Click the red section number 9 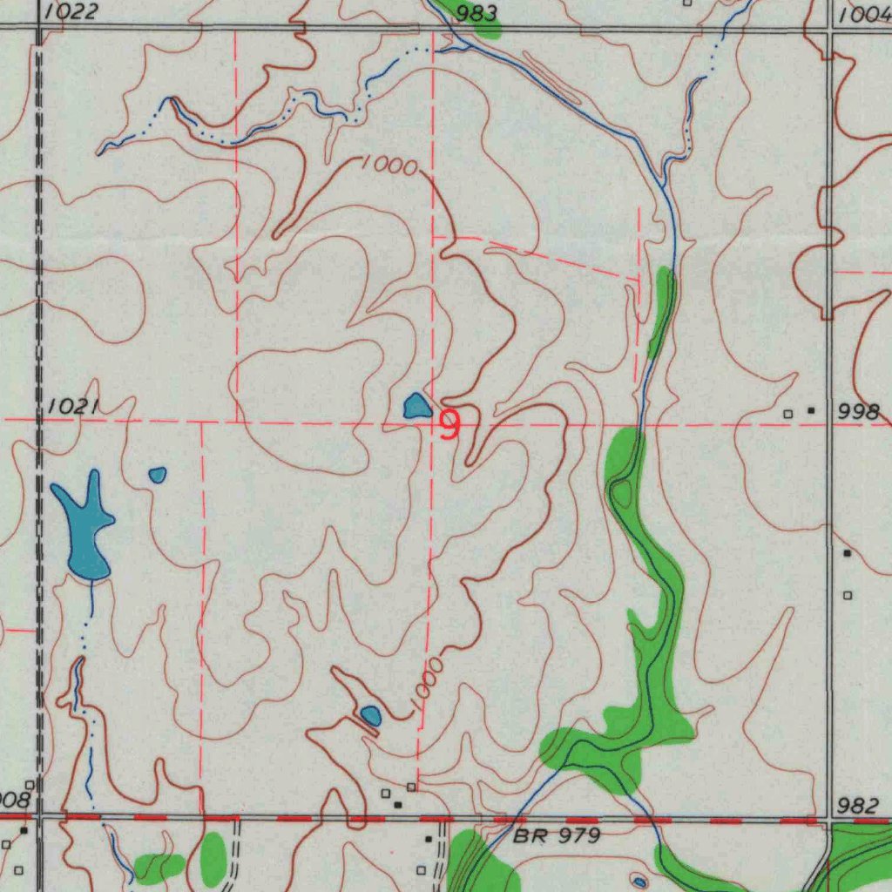449,425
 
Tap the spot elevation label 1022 71,12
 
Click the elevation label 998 859,413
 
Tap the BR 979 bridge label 557,837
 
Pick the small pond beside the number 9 416,406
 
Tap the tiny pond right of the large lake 158,475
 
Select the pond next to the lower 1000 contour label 371,716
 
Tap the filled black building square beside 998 813,409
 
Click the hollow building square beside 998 788,414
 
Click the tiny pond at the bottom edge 640,882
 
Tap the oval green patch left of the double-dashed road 213,859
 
